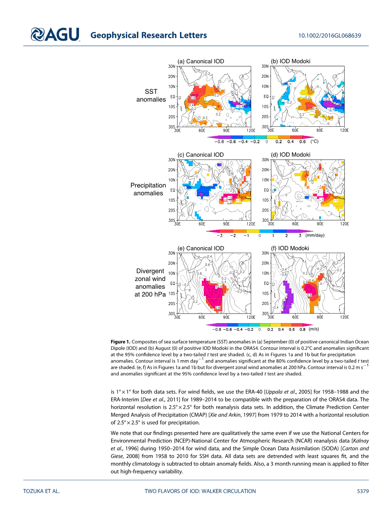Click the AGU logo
pyautogui.click(x=55, y=35)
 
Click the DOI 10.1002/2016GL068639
pyautogui.click(x=329, y=36)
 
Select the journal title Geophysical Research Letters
pyautogui.click(x=148, y=35)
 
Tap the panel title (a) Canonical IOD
pyautogui.click(x=201, y=61)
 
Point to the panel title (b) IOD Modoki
pyautogui.click(x=290, y=61)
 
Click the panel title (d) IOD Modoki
pyautogui.click(x=290, y=155)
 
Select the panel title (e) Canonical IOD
pyautogui.click(x=201, y=248)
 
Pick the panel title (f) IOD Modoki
pyautogui.click(x=289, y=248)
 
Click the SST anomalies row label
pyautogui.click(x=151, y=95)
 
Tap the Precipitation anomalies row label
pyautogui.click(x=148, y=189)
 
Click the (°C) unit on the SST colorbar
pyautogui.click(x=315, y=142)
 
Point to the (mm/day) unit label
pyautogui.click(x=315, y=235)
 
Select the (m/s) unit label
pyautogui.click(x=314, y=329)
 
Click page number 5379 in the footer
pyautogui.click(x=362, y=491)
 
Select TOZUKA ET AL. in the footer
pyautogui.click(x=41, y=491)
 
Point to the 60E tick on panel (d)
pyautogui.click(x=295, y=224)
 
